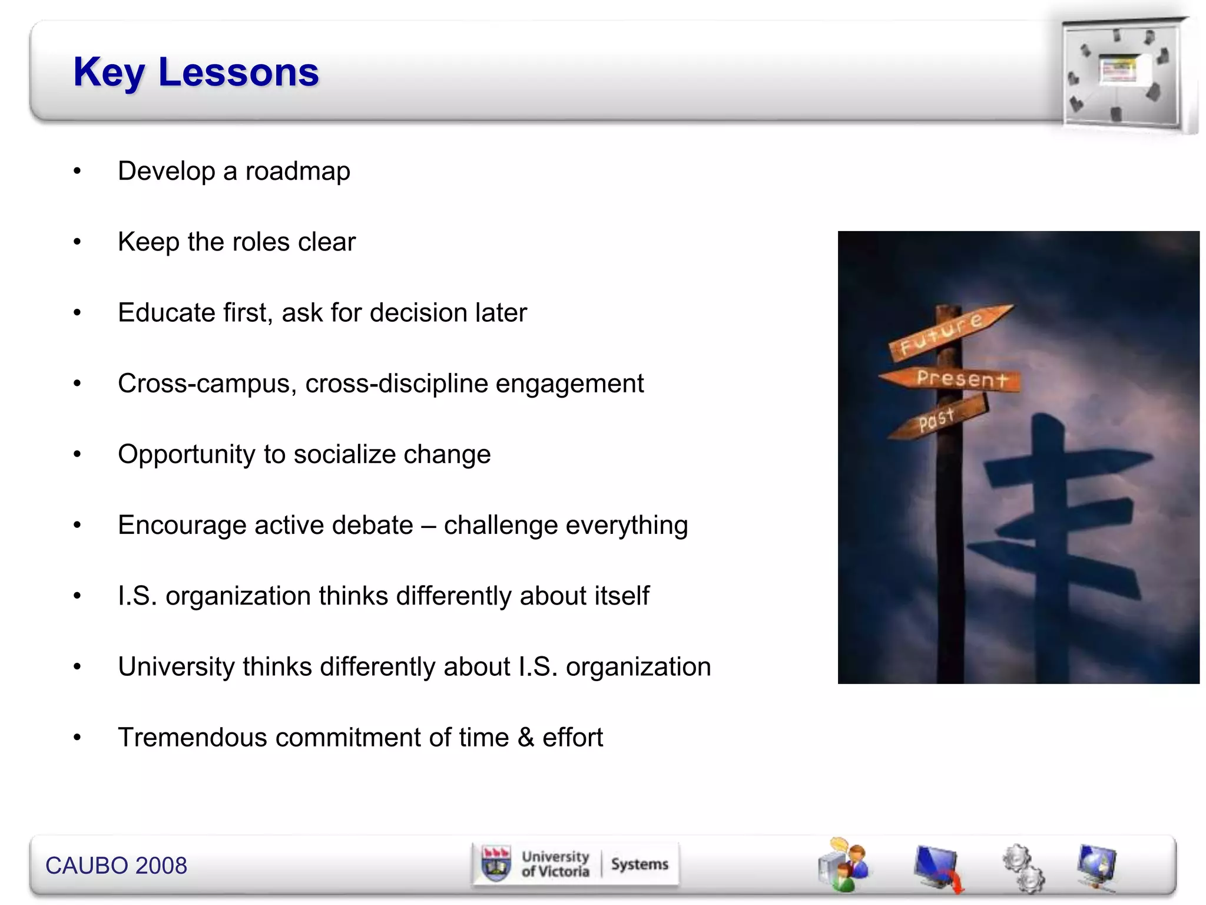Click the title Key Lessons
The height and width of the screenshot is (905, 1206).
196,72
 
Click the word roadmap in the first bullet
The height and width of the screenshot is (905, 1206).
297,171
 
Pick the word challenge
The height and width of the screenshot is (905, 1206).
500,525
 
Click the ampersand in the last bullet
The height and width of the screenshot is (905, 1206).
526,738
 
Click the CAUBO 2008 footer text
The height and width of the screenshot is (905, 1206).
116,866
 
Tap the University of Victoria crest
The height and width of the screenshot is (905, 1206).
496,864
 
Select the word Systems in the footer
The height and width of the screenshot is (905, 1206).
640,864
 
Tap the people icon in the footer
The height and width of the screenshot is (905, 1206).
844,865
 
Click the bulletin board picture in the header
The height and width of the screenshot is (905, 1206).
1122,73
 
